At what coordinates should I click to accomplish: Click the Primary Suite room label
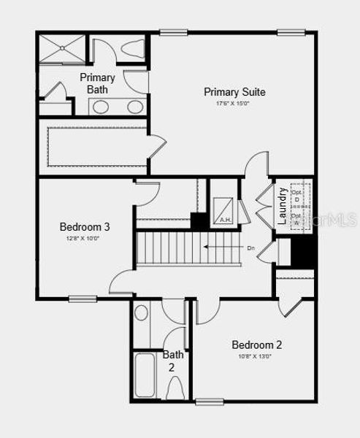tap(234, 92)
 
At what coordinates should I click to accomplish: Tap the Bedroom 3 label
tap(85, 227)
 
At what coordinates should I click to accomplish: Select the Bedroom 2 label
tap(256, 345)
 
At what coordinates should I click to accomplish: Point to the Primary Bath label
tap(97, 83)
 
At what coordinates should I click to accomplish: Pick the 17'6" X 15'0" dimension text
tap(234, 104)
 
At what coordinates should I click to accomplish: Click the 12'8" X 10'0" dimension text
tap(85, 238)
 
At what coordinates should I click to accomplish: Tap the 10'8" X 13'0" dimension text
tap(256, 356)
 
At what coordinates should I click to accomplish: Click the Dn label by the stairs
tap(250, 248)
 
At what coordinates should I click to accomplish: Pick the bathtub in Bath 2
tap(146, 375)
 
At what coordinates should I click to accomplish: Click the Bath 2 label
tap(173, 361)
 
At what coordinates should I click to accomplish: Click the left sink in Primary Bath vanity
tap(101, 107)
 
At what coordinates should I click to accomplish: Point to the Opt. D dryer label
tap(296, 196)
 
